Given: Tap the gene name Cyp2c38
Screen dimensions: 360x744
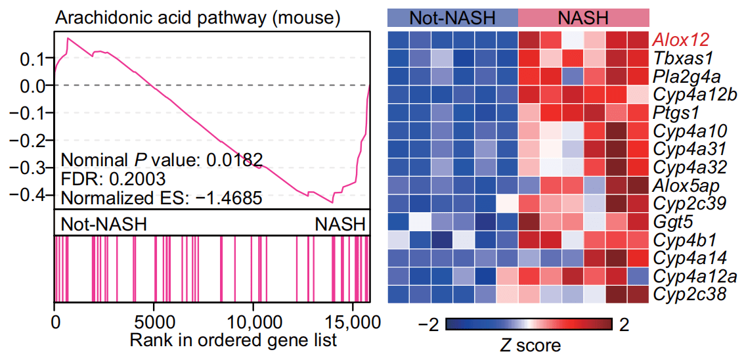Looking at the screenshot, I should (x=689, y=294).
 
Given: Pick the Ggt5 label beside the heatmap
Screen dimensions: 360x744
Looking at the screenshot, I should (x=673, y=220).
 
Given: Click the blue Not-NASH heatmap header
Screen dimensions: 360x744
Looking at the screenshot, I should (x=452, y=18).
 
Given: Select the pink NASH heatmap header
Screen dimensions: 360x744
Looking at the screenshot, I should (x=583, y=18).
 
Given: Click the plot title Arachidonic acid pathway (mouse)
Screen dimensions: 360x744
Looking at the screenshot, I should (x=197, y=18).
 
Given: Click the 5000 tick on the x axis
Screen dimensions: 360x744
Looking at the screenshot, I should (x=154, y=323).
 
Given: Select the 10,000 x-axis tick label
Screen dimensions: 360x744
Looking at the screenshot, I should (x=253, y=323).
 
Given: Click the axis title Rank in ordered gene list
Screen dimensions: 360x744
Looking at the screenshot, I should (x=233, y=340).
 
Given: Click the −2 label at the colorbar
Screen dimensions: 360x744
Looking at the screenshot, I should (x=428, y=325).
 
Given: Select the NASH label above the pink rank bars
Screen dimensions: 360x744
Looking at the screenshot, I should (x=339, y=224).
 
